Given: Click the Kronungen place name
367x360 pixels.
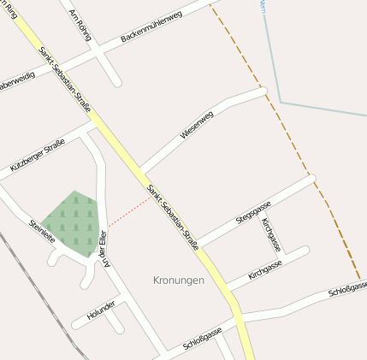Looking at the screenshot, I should [x=179, y=280].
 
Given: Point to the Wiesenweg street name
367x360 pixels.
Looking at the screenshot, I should [x=197, y=124].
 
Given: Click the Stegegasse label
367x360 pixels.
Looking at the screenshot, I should [x=253, y=211].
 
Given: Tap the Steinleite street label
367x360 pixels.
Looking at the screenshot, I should [x=42, y=232].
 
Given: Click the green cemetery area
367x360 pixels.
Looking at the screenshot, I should [x=72, y=221].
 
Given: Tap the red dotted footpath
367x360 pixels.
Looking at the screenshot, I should [x=128, y=211].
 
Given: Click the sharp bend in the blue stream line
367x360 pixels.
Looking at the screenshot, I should [x=280, y=103].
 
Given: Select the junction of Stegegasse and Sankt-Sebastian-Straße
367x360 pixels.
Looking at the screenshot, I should [x=198, y=245].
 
